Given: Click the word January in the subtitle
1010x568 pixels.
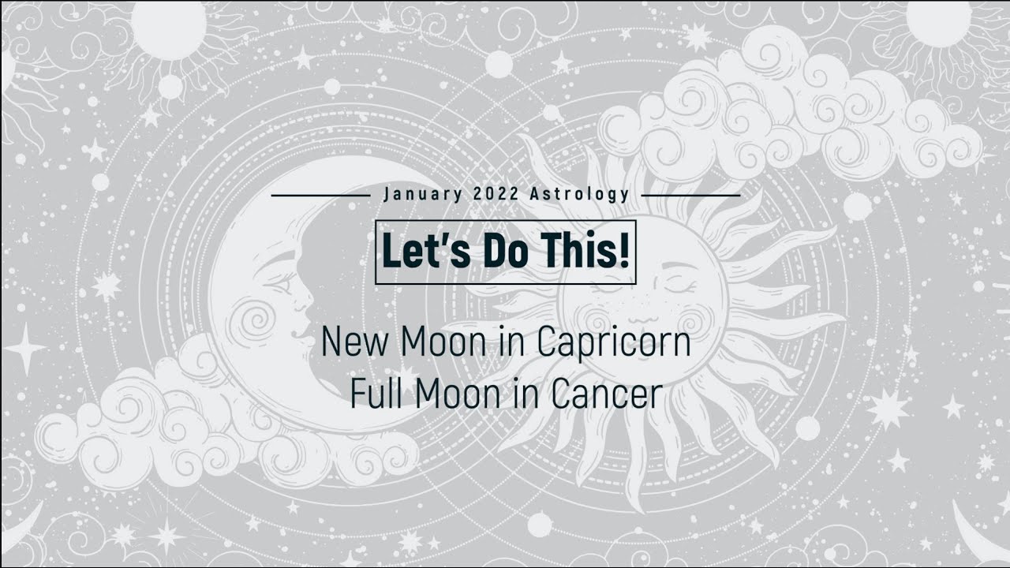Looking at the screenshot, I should click(418, 194).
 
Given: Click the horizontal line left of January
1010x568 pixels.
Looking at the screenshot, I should click(320, 194).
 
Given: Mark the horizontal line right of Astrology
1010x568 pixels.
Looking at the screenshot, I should click(691, 194).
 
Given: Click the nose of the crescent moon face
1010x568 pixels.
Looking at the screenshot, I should click(303, 298).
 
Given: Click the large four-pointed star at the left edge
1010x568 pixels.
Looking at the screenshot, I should click(24, 348).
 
